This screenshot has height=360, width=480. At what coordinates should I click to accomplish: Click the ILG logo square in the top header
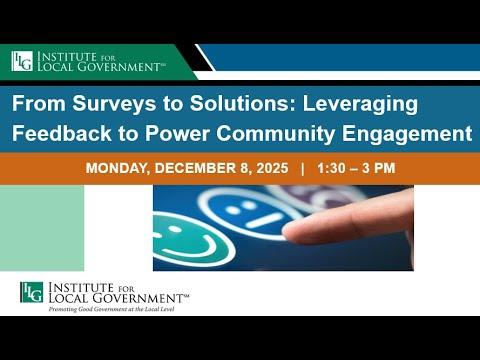22,61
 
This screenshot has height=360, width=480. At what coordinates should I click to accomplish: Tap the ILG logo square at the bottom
31,293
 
